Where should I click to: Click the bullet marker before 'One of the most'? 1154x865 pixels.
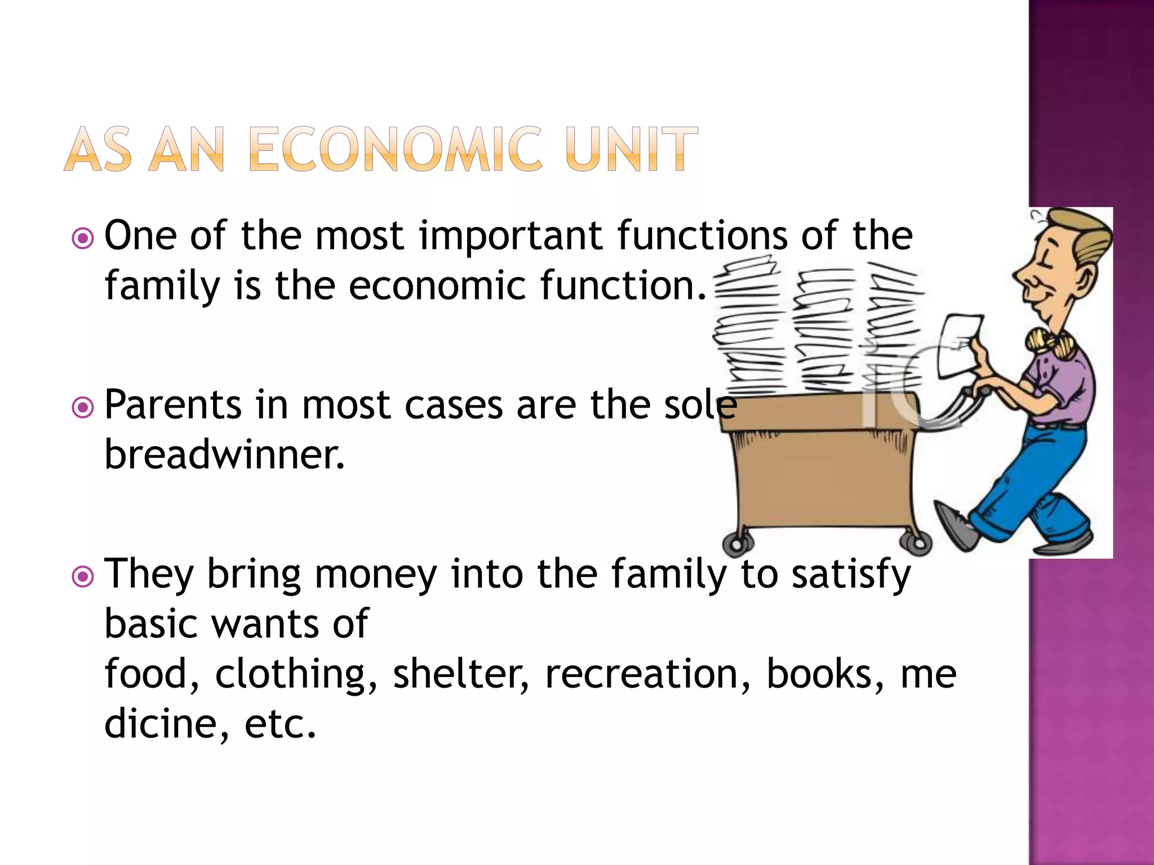83,238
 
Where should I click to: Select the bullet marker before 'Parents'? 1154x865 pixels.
83,407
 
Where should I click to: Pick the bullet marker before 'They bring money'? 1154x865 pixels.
83,577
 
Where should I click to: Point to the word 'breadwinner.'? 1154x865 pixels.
224,455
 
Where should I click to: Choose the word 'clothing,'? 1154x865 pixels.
296,675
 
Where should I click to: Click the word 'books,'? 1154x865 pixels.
825,675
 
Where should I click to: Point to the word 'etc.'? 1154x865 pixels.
280,724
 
